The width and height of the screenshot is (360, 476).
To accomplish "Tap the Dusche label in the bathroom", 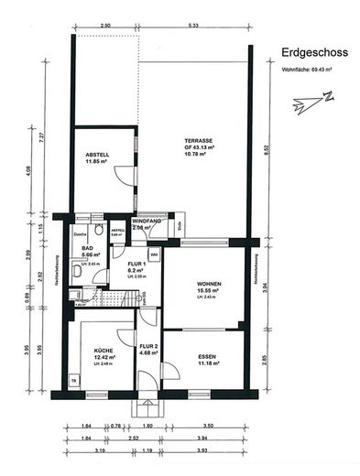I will tap(81, 235).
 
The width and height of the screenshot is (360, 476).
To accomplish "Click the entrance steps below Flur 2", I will tap(147, 406).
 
